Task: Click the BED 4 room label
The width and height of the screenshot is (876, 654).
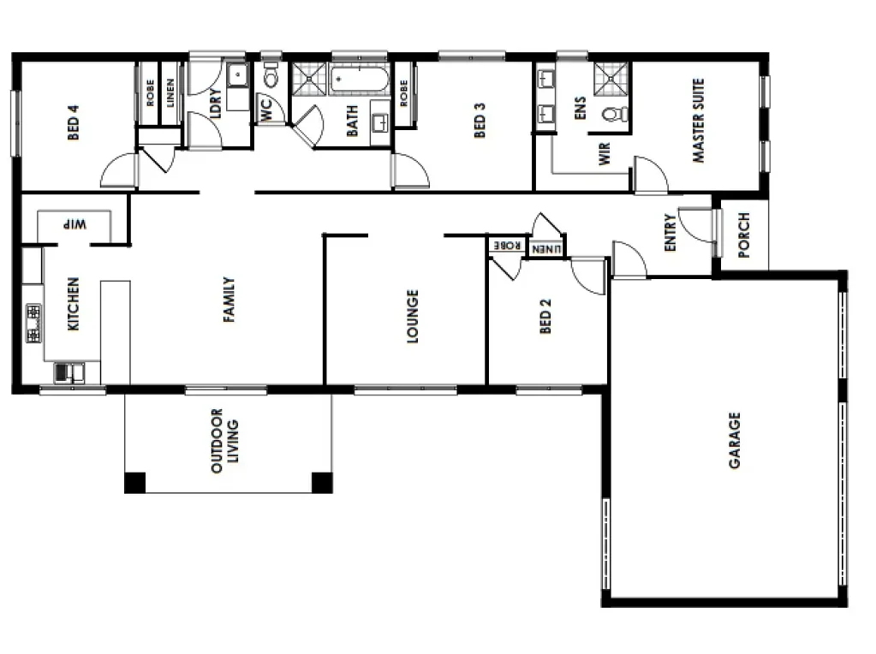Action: coord(73,122)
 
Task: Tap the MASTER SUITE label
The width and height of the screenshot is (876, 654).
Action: coord(699,121)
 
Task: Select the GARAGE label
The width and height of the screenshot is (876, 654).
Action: coord(734,440)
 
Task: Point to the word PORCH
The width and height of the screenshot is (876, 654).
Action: coord(743,235)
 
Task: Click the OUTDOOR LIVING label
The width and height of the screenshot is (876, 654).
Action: coord(224,441)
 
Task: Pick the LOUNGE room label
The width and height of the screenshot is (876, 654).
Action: coord(412,316)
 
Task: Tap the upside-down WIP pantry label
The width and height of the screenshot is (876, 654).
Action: coord(74,224)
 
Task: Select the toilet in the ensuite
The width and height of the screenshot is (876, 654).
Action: coord(615,115)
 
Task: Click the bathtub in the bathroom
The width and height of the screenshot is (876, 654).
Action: coord(360,80)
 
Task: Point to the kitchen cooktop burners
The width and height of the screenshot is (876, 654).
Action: coord(33,324)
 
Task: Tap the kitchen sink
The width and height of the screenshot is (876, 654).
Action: coord(69,372)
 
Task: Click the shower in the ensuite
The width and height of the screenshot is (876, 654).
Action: coord(611,79)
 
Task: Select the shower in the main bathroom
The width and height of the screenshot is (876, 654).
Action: coord(309,80)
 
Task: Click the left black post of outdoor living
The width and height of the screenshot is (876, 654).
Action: coord(134,483)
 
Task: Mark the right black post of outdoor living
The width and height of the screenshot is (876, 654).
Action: coord(322,483)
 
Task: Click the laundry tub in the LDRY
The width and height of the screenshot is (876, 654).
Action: coord(237,75)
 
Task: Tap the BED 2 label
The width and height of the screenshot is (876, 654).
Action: coord(545,316)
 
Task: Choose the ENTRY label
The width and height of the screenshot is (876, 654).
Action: coord(670,232)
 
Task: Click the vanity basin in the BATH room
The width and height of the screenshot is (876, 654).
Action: coord(381,122)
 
